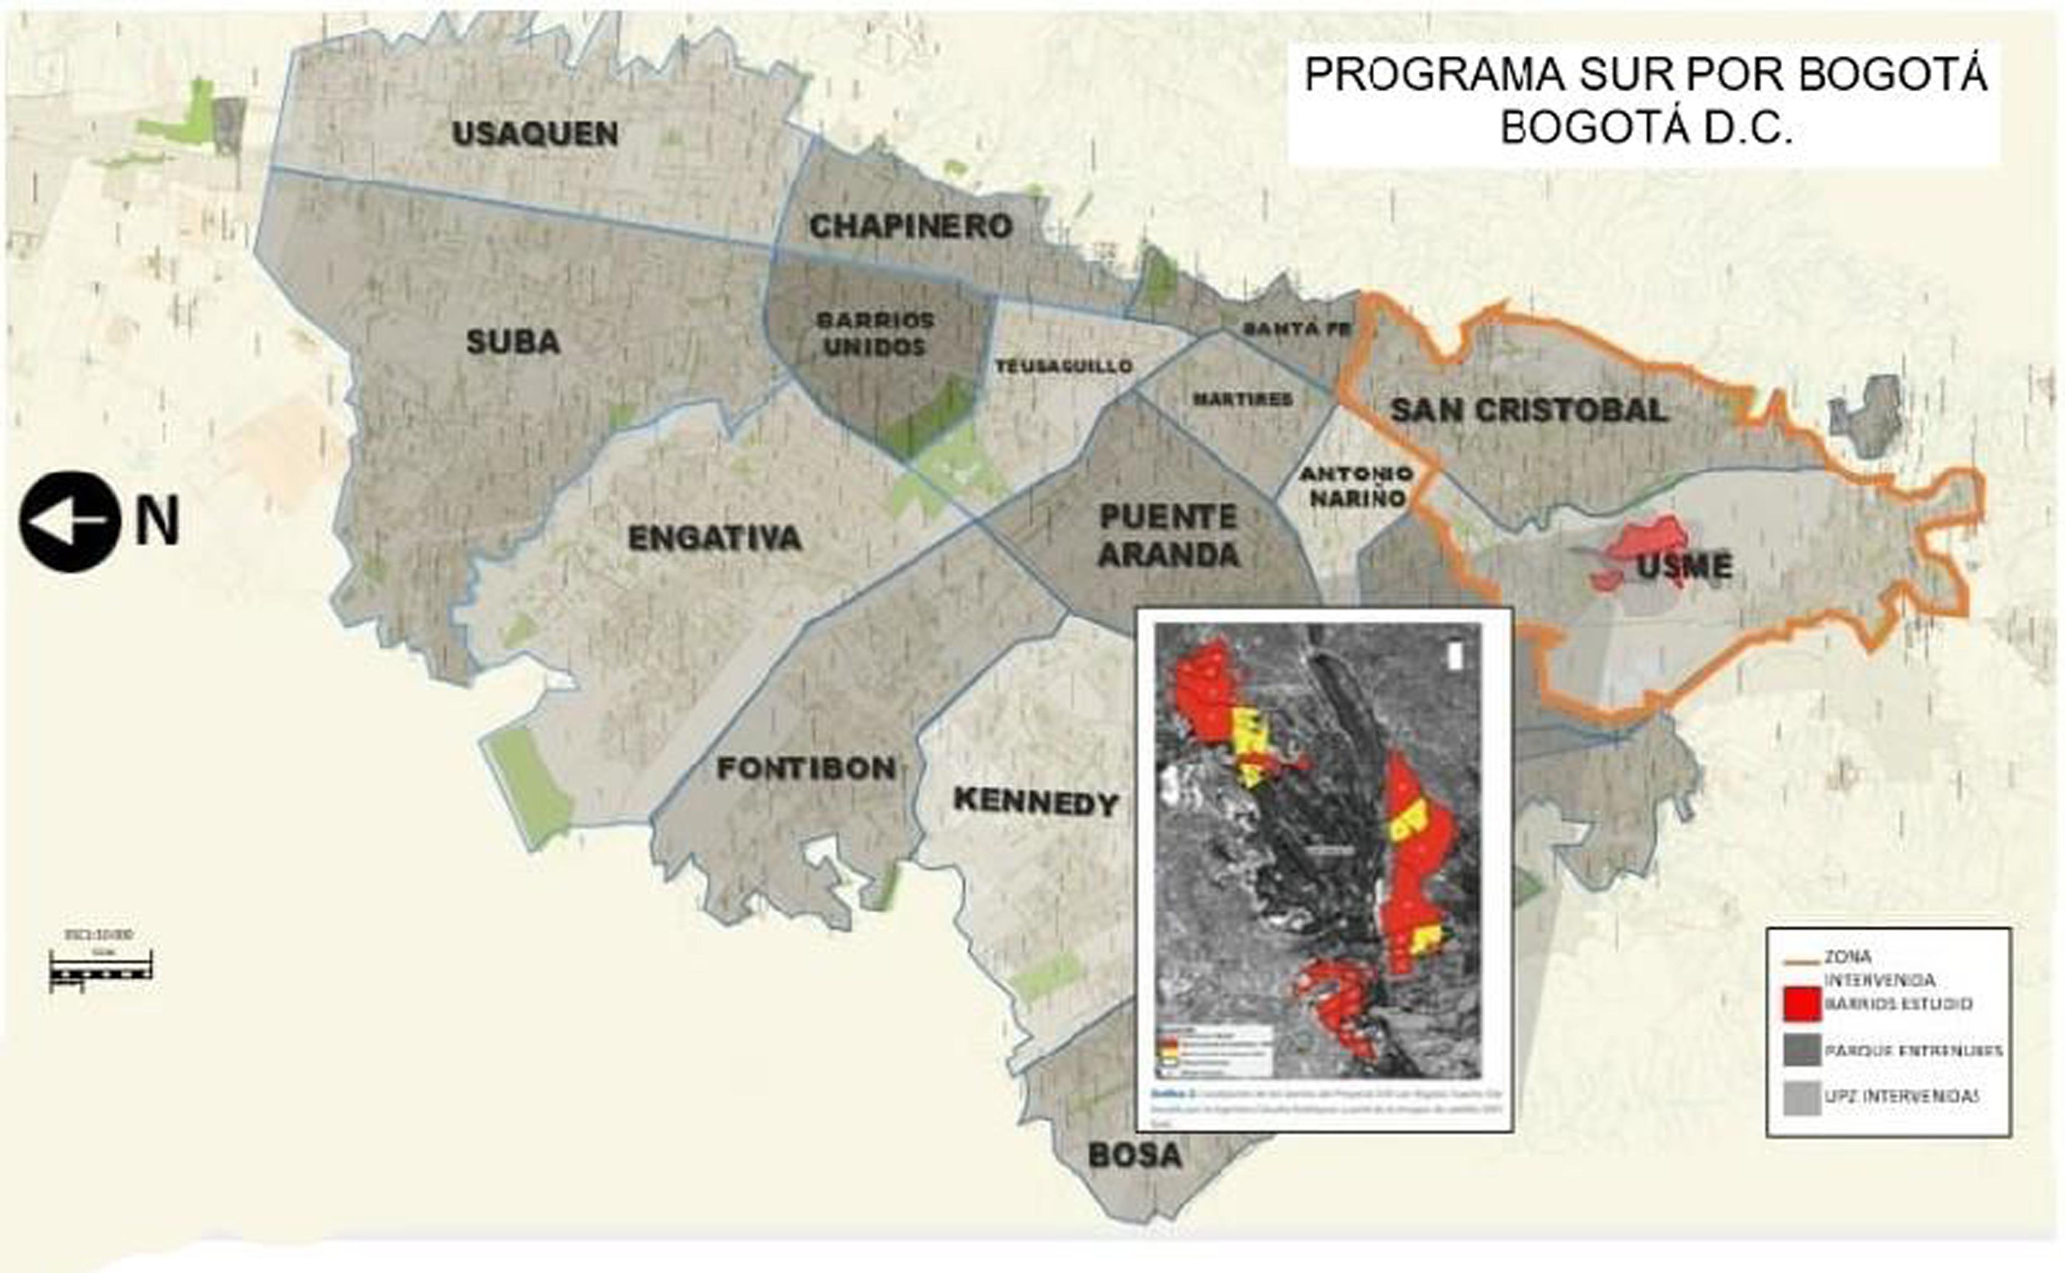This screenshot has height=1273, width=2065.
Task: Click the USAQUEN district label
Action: point(535,134)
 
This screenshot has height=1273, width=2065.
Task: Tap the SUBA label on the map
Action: point(514,342)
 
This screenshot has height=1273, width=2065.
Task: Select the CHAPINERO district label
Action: point(911,226)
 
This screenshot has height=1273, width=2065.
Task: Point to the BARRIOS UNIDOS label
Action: point(875,333)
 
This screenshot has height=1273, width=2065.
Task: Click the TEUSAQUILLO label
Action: point(1064,366)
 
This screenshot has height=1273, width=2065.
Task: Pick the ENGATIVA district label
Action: point(715,538)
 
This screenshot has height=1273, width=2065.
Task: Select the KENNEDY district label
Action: point(1035,801)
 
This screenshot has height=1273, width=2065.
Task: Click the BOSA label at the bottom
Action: point(1135,1155)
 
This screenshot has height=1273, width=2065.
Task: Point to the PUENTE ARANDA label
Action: point(1169,536)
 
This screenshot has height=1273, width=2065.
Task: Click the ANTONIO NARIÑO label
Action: point(1356,486)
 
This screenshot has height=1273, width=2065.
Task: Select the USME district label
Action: point(1685,566)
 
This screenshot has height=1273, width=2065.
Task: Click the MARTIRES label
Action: point(1242,399)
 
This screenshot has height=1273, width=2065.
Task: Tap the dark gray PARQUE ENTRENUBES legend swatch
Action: point(1802,1051)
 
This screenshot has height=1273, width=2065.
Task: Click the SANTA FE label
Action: point(1297,329)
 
